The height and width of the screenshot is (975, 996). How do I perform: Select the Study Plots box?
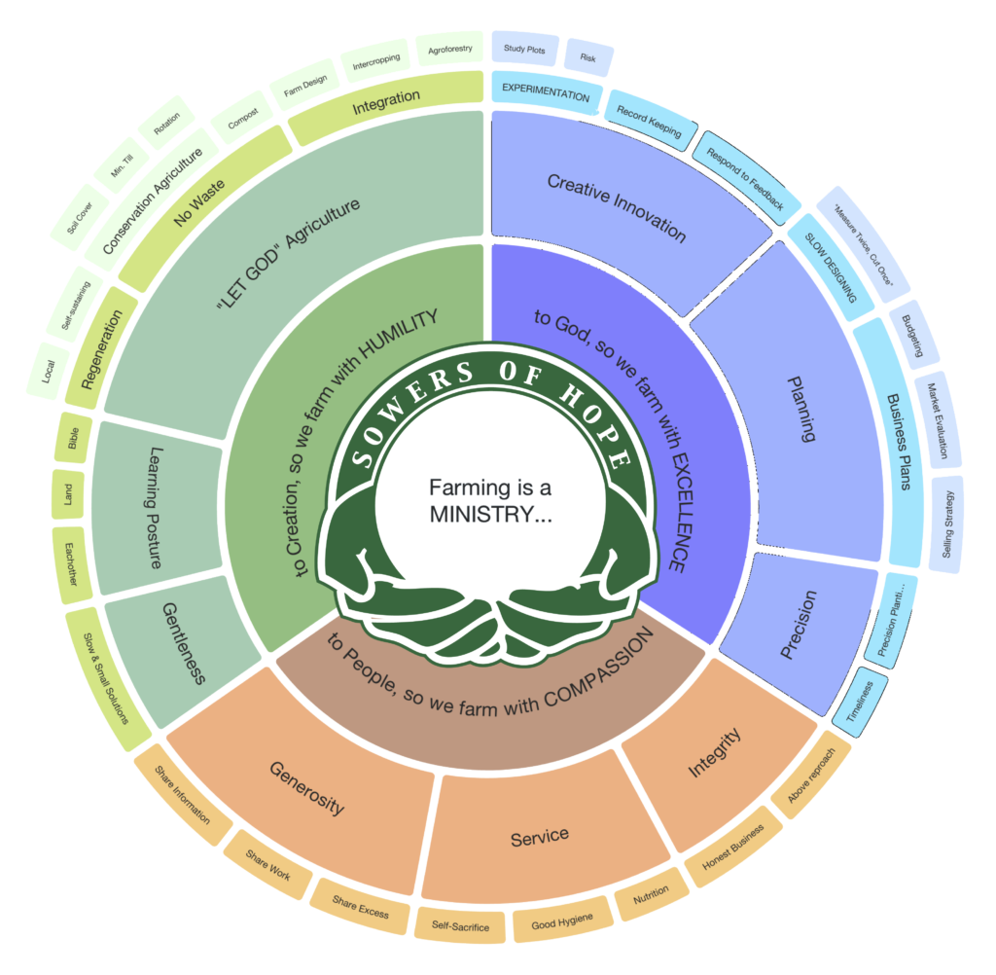pos(524,48)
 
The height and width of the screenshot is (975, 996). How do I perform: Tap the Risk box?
pos(587,57)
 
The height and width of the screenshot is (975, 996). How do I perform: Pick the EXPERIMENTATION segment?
pos(545,96)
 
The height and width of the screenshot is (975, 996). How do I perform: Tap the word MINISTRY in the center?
pos(490,515)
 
